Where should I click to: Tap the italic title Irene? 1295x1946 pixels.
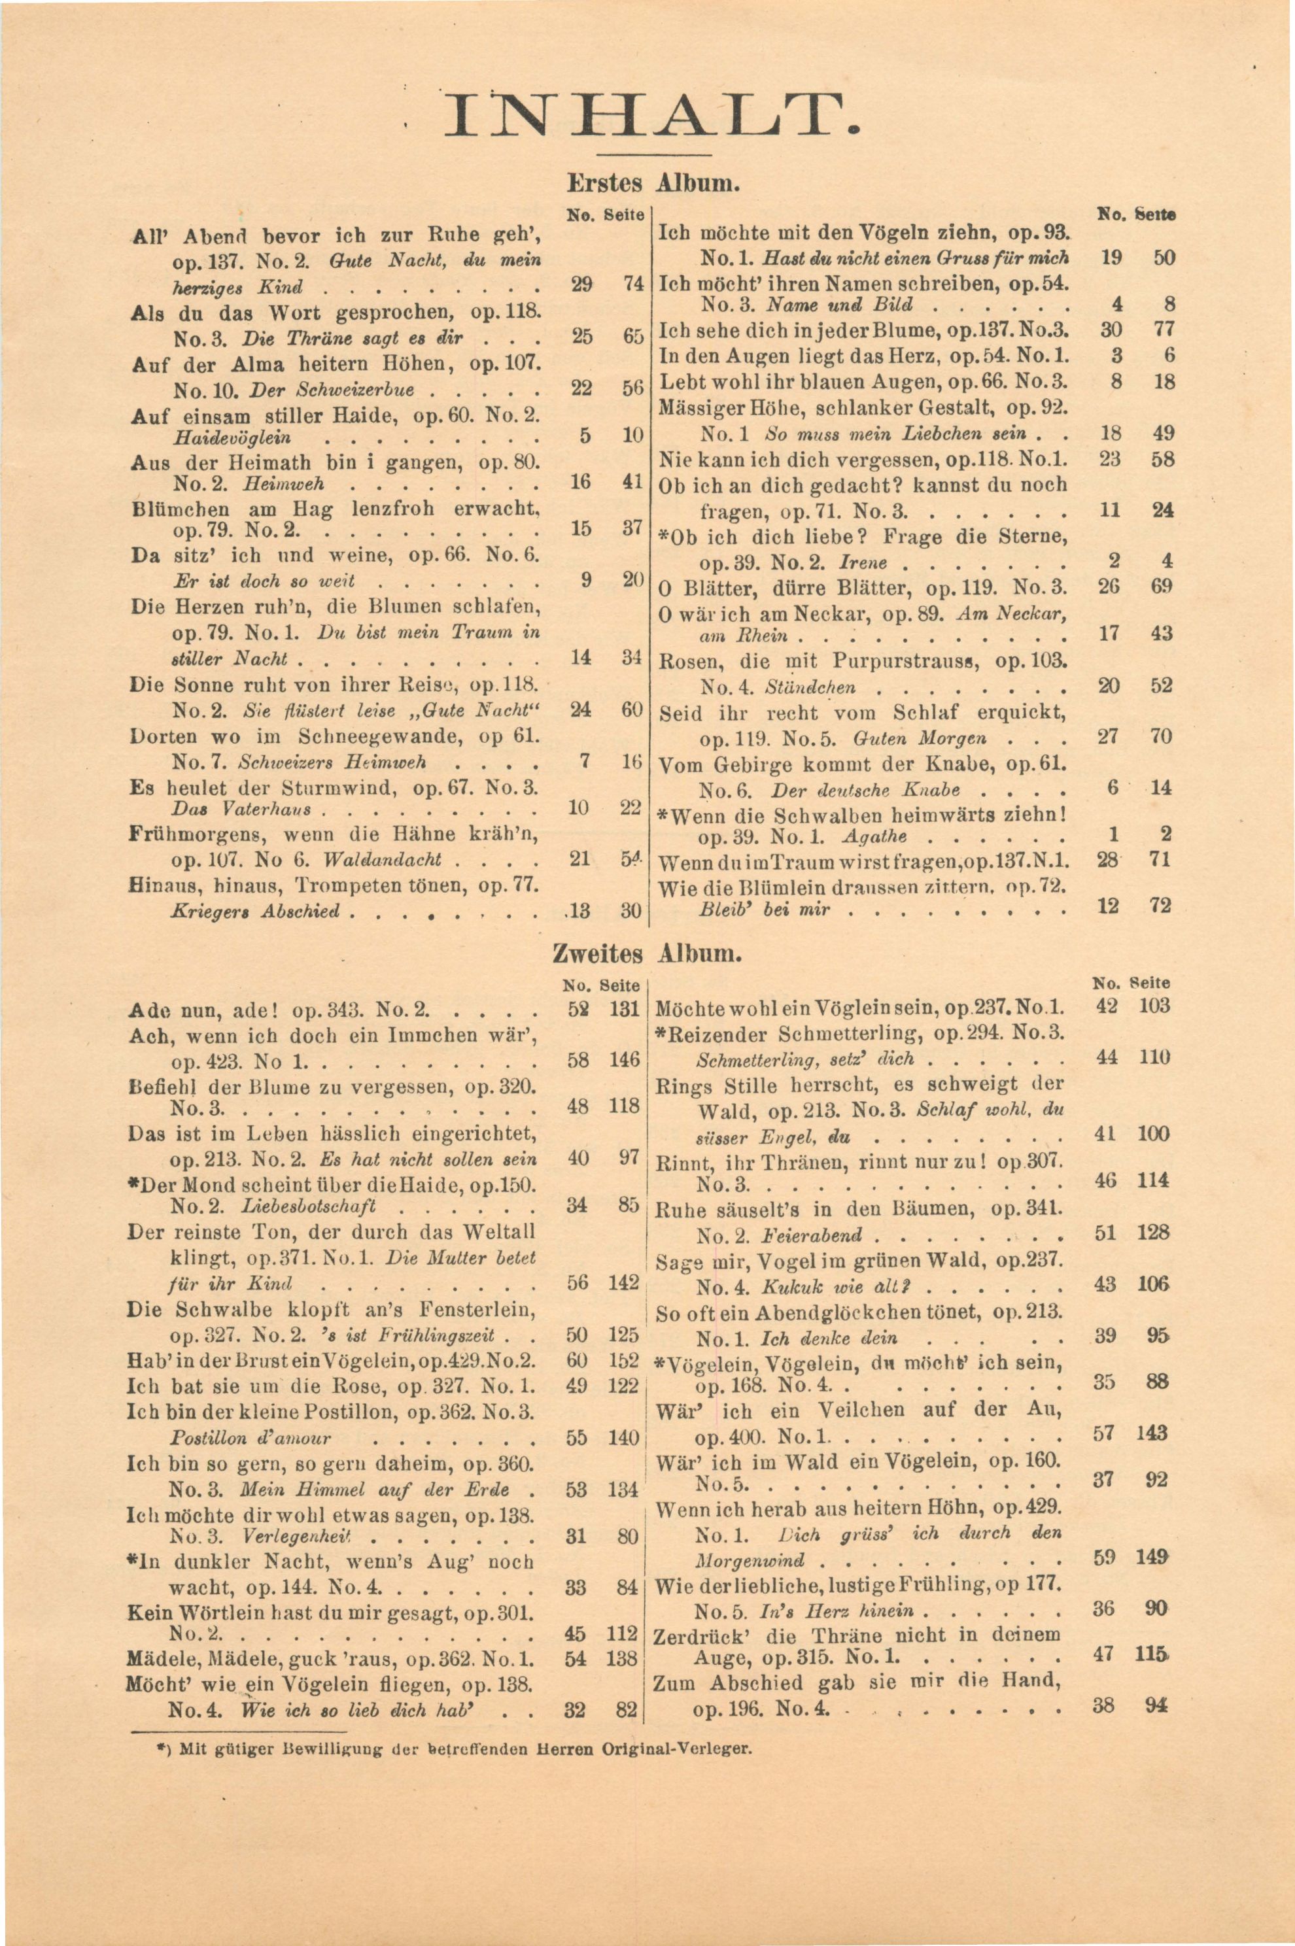point(862,563)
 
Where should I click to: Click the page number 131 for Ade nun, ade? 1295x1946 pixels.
point(625,1009)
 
